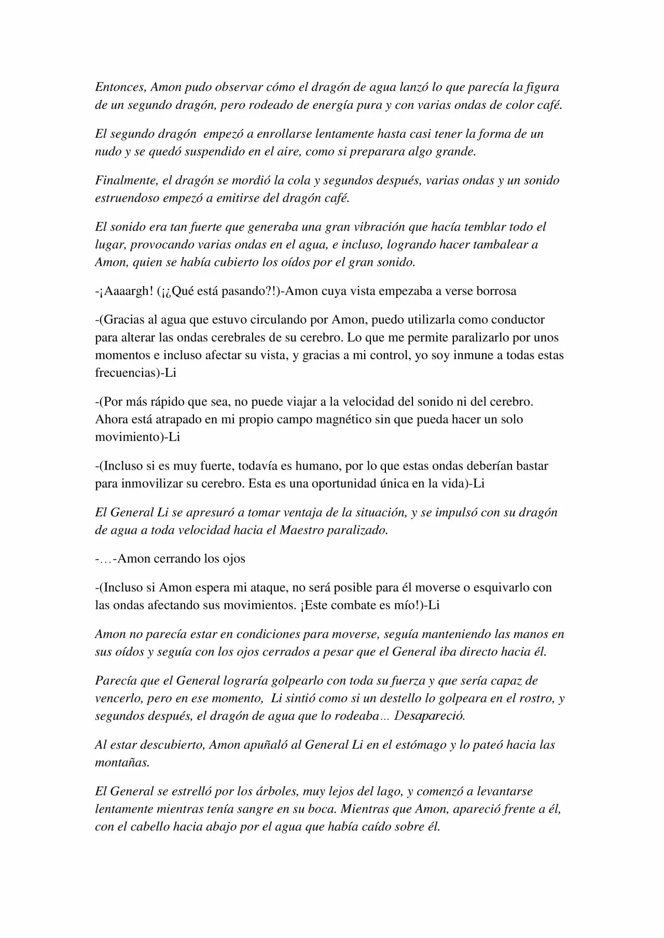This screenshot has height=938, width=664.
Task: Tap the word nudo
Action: click(107, 152)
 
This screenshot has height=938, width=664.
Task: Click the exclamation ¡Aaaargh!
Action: click(125, 291)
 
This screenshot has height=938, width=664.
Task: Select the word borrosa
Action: click(496, 291)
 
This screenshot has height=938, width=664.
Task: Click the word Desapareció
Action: click(430, 716)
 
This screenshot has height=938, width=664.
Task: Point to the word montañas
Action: click(121, 763)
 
